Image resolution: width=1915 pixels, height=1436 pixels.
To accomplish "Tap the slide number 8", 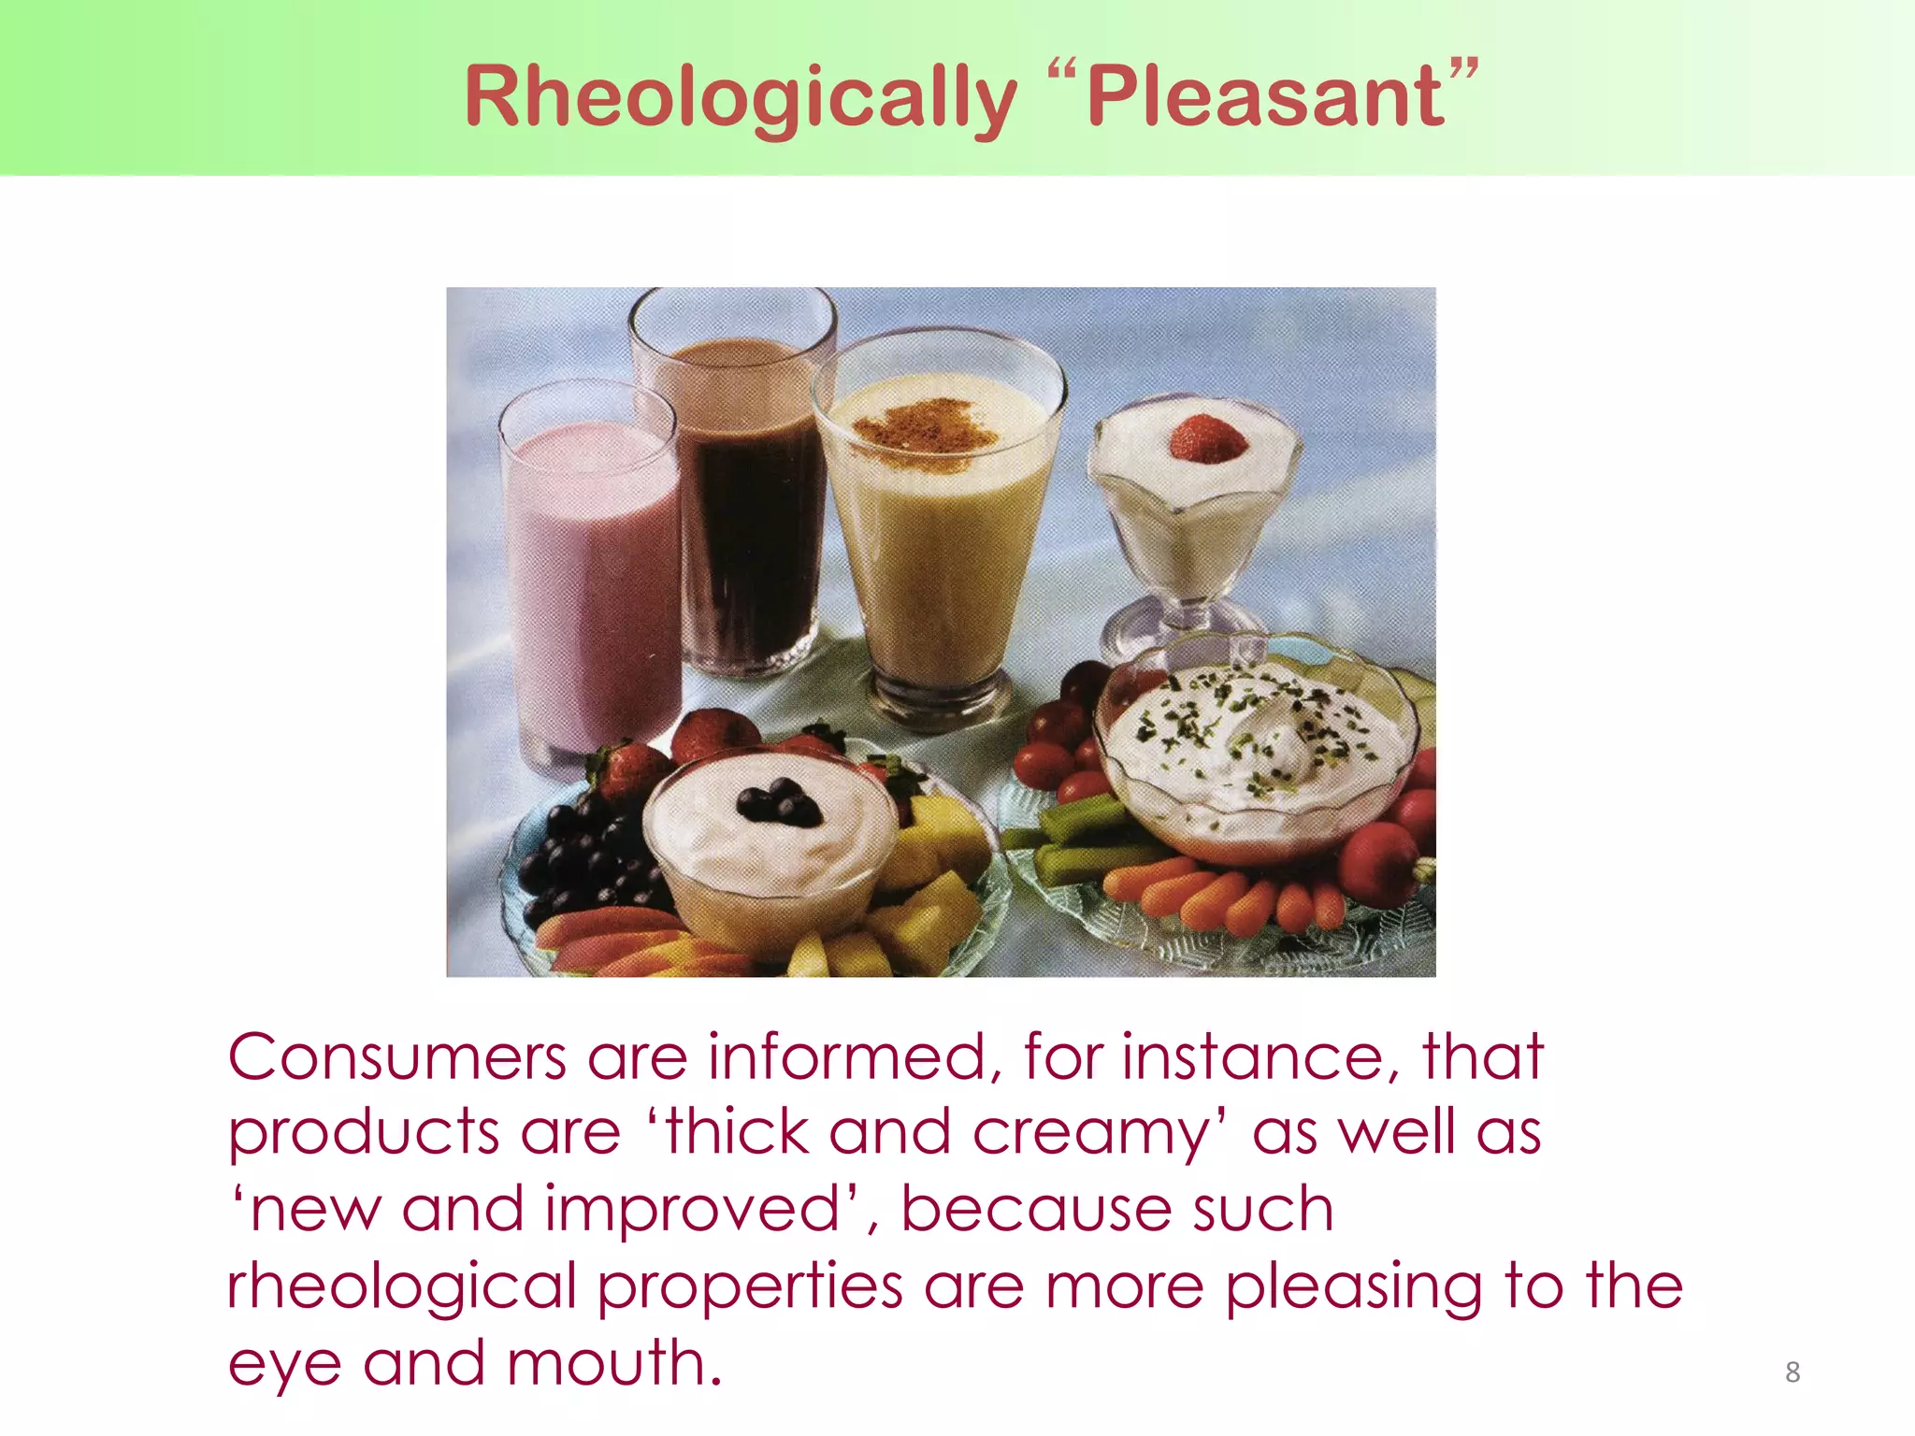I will click(x=1792, y=1371).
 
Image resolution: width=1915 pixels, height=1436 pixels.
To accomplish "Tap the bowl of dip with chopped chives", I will click(x=1253, y=748).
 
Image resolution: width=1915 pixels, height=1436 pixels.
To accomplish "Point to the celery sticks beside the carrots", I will click(x=1085, y=841).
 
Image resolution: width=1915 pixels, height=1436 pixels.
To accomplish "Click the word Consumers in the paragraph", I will click(x=396, y=1058).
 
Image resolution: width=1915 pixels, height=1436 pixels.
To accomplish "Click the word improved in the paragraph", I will click(x=692, y=1211).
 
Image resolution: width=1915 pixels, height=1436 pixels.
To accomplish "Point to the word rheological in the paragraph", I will click(x=402, y=1287).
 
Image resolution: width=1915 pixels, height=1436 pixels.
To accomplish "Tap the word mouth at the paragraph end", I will click(x=612, y=1364).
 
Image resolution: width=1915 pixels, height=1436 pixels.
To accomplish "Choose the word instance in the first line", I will click(x=1253, y=1058).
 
